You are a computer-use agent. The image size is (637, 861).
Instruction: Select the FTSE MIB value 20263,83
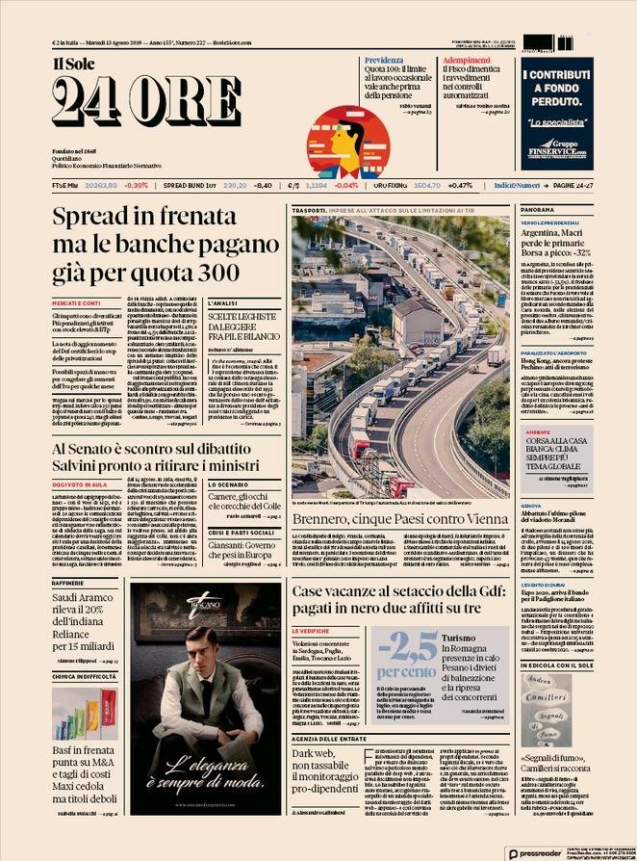tap(101, 184)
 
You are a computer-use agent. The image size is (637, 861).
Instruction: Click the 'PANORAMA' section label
tap(538, 209)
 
